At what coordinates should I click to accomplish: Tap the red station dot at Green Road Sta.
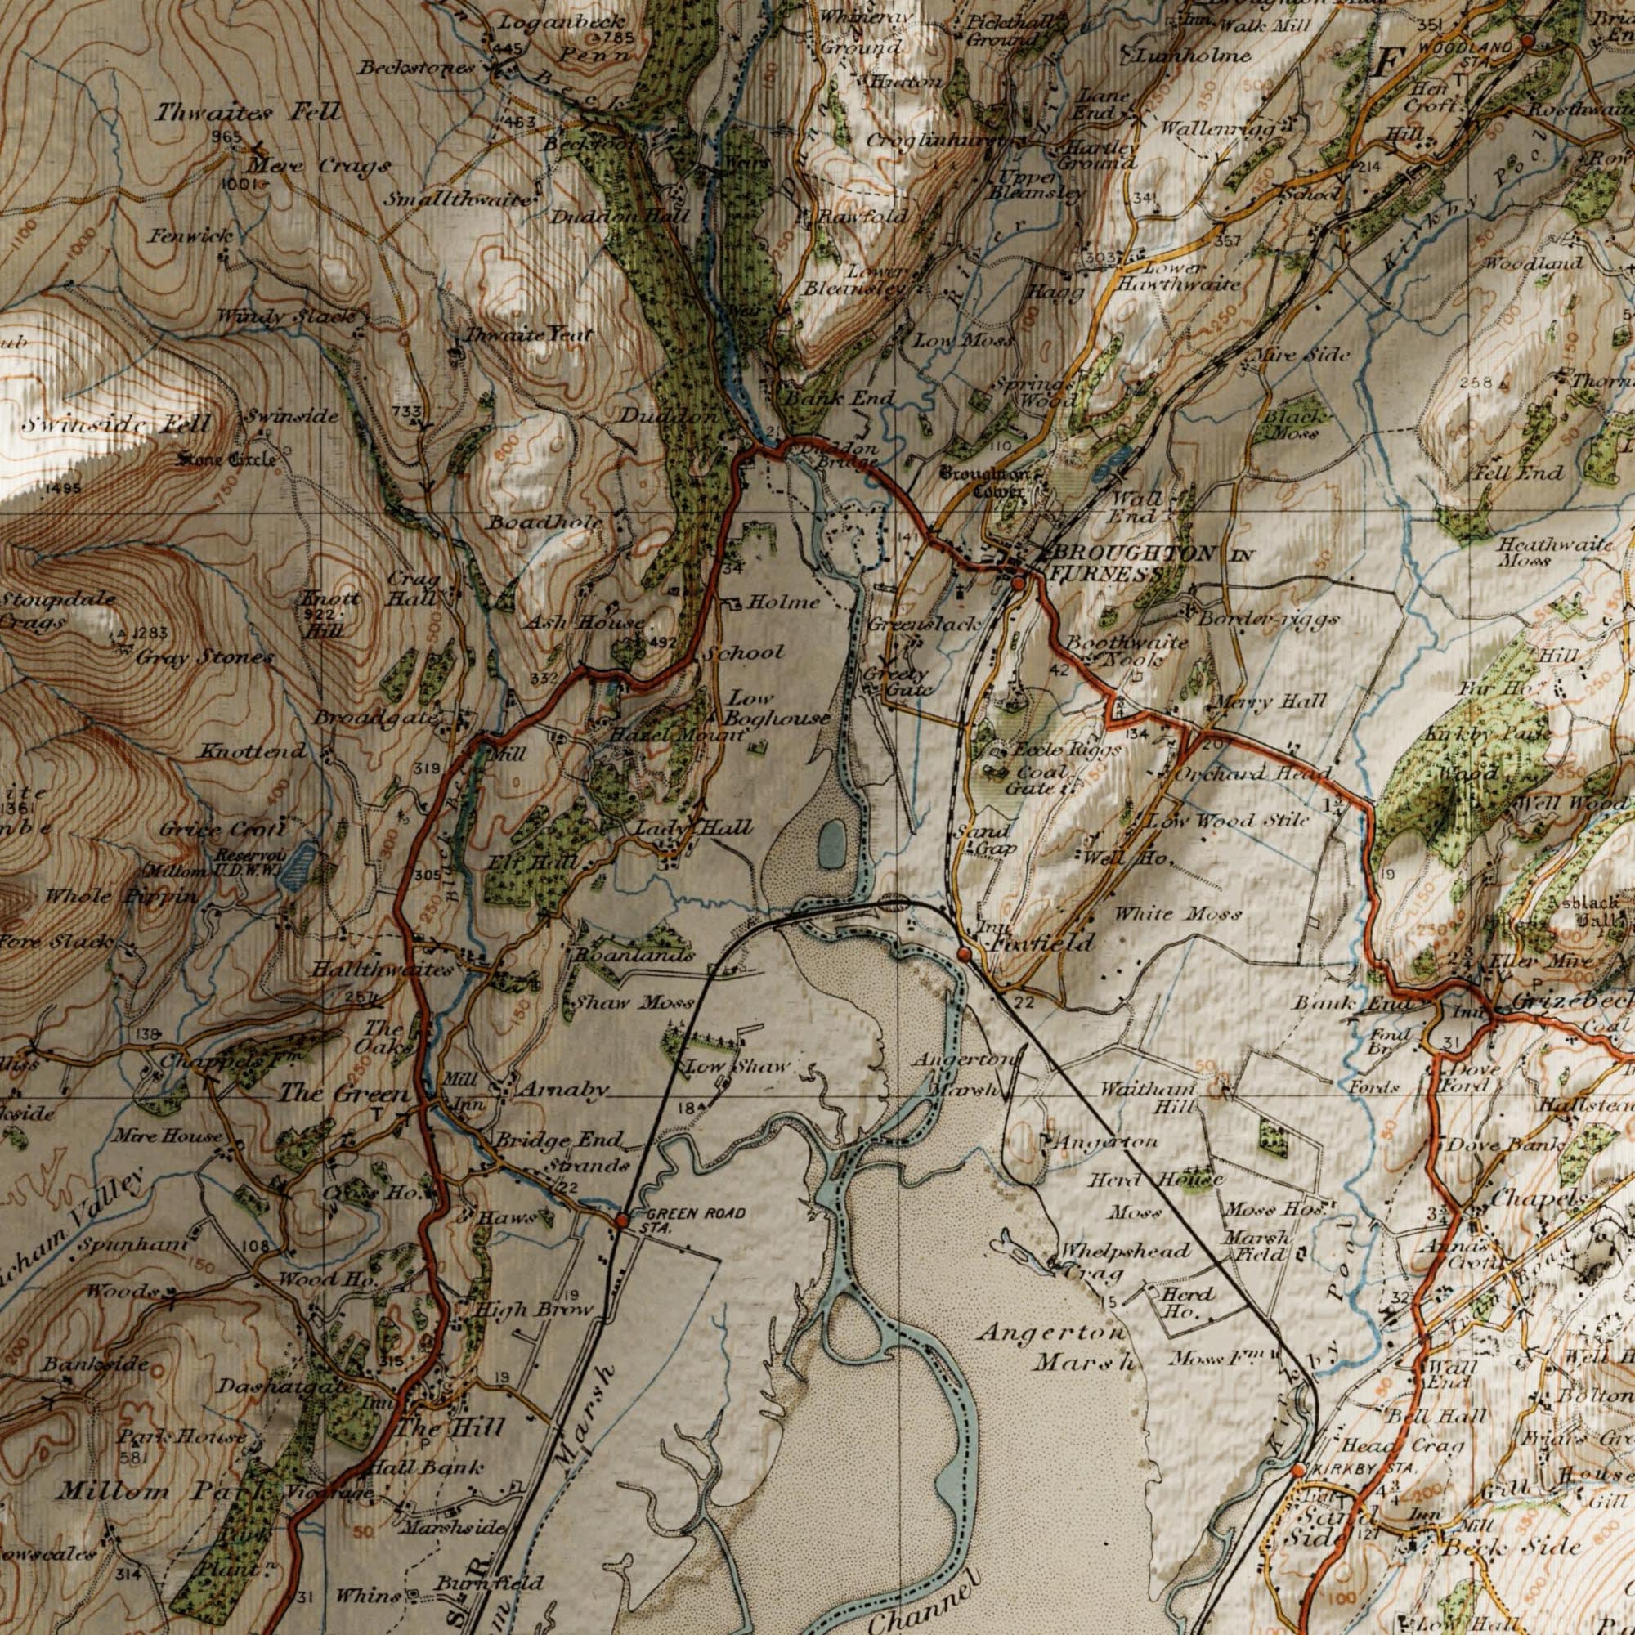click(x=621, y=1221)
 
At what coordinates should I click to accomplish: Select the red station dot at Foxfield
click(x=964, y=955)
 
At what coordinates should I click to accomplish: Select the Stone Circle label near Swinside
click(x=225, y=460)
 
